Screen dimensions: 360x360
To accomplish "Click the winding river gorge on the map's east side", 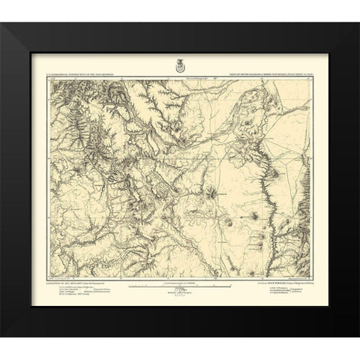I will [x=265, y=187].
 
